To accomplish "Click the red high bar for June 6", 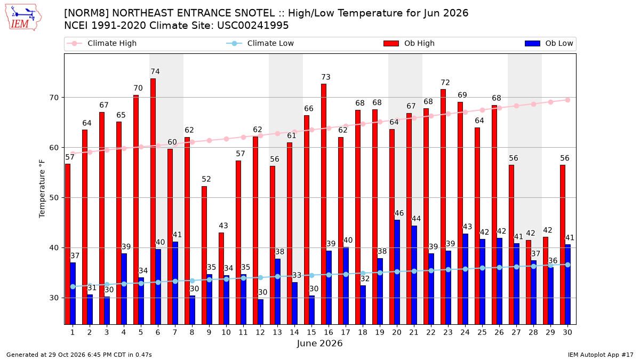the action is (x=153, y=202).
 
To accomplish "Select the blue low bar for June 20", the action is (x=397, y=273).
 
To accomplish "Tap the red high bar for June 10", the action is (x=221, y=278).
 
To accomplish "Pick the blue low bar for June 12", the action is (x=261, y=312).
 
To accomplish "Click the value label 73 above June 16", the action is (x=326, y=77).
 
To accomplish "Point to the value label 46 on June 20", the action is (x=399, y=213).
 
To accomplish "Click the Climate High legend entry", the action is (x=101, y=43).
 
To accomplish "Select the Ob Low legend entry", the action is (x=549, y=43).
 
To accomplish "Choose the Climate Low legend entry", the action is (x=260, y=43).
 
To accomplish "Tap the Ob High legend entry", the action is (x=409, y=43).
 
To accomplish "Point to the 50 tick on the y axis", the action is (x=54, y=198).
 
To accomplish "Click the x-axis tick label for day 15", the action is (x=311, y=332).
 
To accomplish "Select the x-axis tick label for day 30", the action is (x=567, y=332).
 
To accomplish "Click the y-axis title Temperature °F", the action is (x=42, y=189).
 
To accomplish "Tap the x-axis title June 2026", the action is (x=319, y=343).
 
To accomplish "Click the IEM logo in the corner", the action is (x=23, y=18).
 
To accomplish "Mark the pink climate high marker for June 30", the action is (x=567, y=100).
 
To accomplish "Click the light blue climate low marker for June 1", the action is (x=73, y=286).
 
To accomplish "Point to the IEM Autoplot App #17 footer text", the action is (x=601, y=355).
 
